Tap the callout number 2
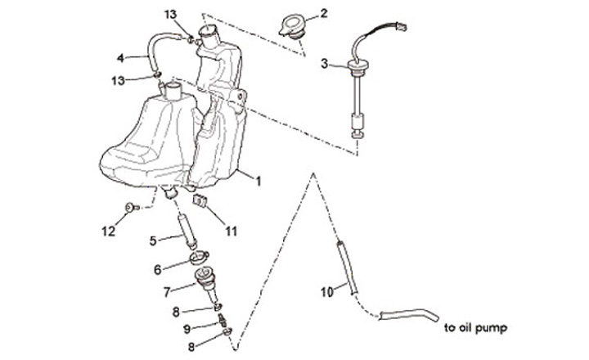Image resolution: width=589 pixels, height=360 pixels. [325, 13]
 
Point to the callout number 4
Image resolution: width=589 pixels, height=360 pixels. [120, 58]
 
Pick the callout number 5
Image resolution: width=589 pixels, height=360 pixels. [153, 241]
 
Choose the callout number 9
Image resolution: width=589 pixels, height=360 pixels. [187, 328]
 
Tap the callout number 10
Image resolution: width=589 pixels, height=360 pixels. [325, 290]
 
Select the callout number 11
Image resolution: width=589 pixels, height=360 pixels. [231, 232]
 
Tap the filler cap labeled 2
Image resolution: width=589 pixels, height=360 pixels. [290, 25]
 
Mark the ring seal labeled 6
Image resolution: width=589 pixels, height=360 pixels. [200, 259]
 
